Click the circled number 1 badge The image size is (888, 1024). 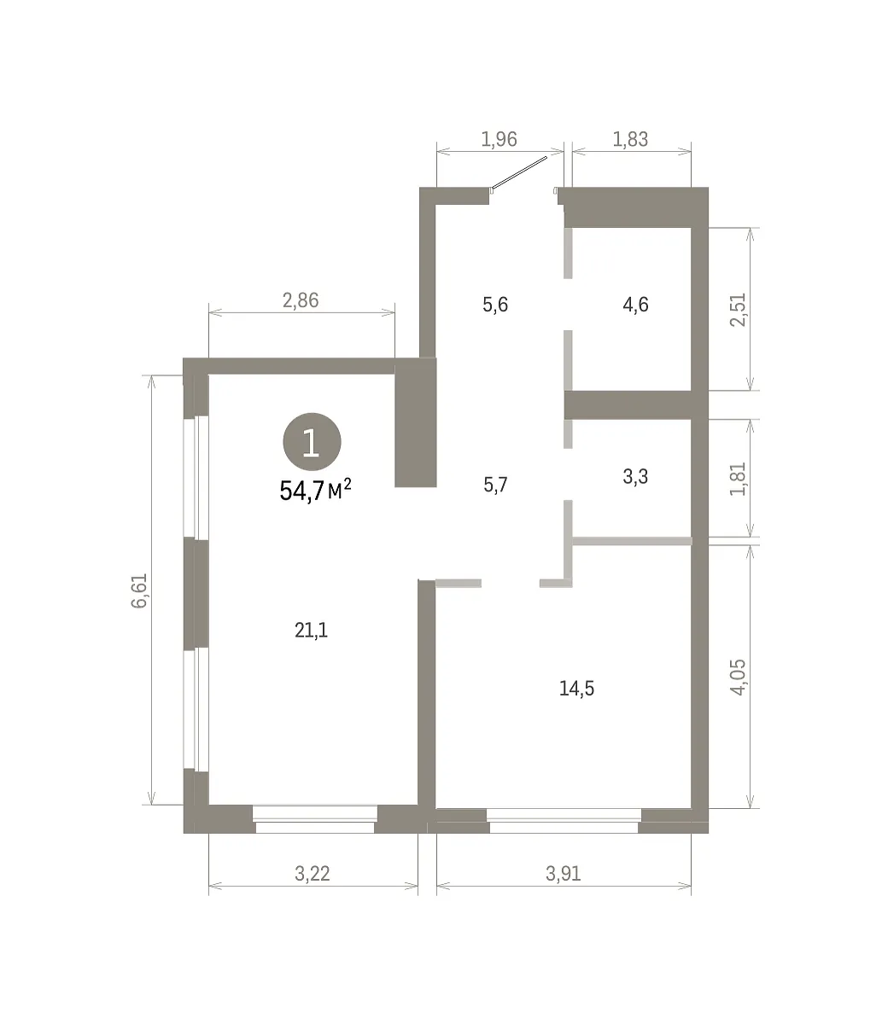click(312, 441)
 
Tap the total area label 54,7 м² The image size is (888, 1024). click(315, 491)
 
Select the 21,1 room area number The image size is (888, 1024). click(311, 630)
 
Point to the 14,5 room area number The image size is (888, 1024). click(576, 688)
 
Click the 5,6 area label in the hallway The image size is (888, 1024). click(495, 304)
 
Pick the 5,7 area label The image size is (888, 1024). click(495, 485)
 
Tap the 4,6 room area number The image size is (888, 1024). click(635, 304)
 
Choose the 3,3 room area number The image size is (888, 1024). click(635, 476)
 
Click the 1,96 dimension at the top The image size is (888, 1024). click(499, 139)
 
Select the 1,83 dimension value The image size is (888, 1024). click(630, 139)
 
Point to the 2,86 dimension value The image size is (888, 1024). click(301, 300)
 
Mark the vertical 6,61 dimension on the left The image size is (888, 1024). click(139, 590)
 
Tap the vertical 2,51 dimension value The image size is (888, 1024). click(738, 310)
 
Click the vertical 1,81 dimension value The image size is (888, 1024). click(738, 479)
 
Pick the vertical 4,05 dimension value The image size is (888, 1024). click(738, 678)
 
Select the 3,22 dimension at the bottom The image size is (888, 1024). click(312, 874)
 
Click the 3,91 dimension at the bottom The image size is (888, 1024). click(563, 874)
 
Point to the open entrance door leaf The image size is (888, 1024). click(518, 173)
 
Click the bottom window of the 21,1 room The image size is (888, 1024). click(315, 819)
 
